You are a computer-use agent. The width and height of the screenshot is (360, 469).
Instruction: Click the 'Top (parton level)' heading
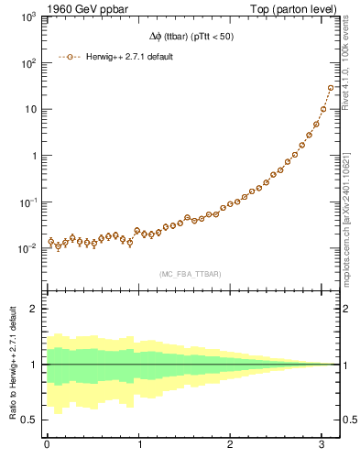pos(292,10)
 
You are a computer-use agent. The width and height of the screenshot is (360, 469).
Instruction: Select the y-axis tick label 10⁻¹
pos(30,202)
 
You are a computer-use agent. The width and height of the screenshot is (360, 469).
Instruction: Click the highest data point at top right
pos(331,88)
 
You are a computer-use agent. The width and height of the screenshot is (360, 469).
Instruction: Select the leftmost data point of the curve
pos(51,242)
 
